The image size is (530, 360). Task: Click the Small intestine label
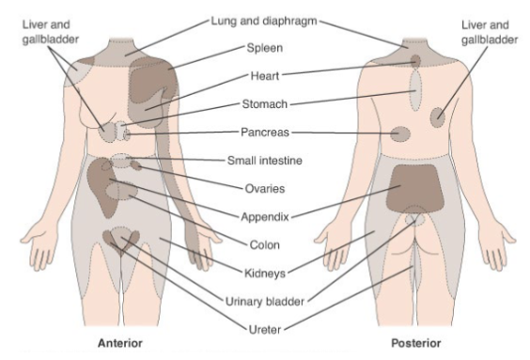(x=265, y=161)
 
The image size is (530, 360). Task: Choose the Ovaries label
(x=262, y=188)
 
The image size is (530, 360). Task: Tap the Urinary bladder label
(x=263, y=301)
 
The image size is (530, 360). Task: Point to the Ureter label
(x=263, y=328)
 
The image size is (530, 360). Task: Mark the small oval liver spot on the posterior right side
(x=439, y=117)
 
